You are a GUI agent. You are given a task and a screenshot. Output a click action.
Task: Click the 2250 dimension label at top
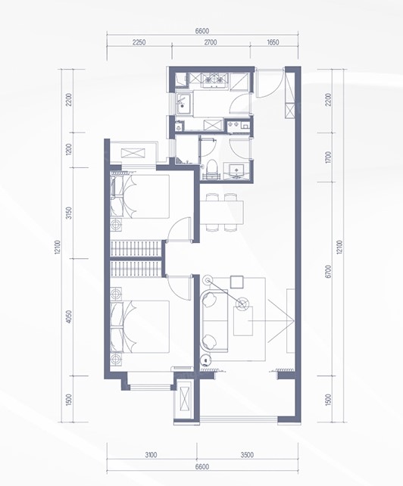139,42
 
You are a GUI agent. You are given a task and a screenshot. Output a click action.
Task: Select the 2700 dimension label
211,42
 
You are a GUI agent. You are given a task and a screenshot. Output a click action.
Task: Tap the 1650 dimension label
273,42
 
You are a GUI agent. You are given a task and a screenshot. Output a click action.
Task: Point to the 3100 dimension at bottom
151,455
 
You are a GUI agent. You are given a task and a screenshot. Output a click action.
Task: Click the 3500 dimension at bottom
247,455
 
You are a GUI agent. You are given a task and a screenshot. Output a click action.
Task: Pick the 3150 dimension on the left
69,213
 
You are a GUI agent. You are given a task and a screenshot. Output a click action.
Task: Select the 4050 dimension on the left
69,317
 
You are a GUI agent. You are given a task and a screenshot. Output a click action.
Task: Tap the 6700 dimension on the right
329,271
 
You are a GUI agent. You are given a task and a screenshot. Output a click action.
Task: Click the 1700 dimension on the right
329,157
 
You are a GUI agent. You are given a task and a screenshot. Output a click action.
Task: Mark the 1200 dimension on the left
69,150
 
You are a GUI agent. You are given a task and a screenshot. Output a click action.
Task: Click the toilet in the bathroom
212,167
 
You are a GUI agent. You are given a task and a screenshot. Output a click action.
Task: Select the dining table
222,212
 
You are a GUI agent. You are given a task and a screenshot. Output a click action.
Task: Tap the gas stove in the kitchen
214,80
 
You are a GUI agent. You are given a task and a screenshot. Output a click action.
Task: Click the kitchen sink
184,102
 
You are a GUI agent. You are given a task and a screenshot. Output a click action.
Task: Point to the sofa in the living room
214,320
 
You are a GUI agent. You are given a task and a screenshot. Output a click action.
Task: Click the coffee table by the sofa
243,321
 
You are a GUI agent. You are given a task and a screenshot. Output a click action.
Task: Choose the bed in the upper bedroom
140,197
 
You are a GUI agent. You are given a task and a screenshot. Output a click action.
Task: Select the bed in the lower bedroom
140,327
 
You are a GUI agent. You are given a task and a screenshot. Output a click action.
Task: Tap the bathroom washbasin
236,171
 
